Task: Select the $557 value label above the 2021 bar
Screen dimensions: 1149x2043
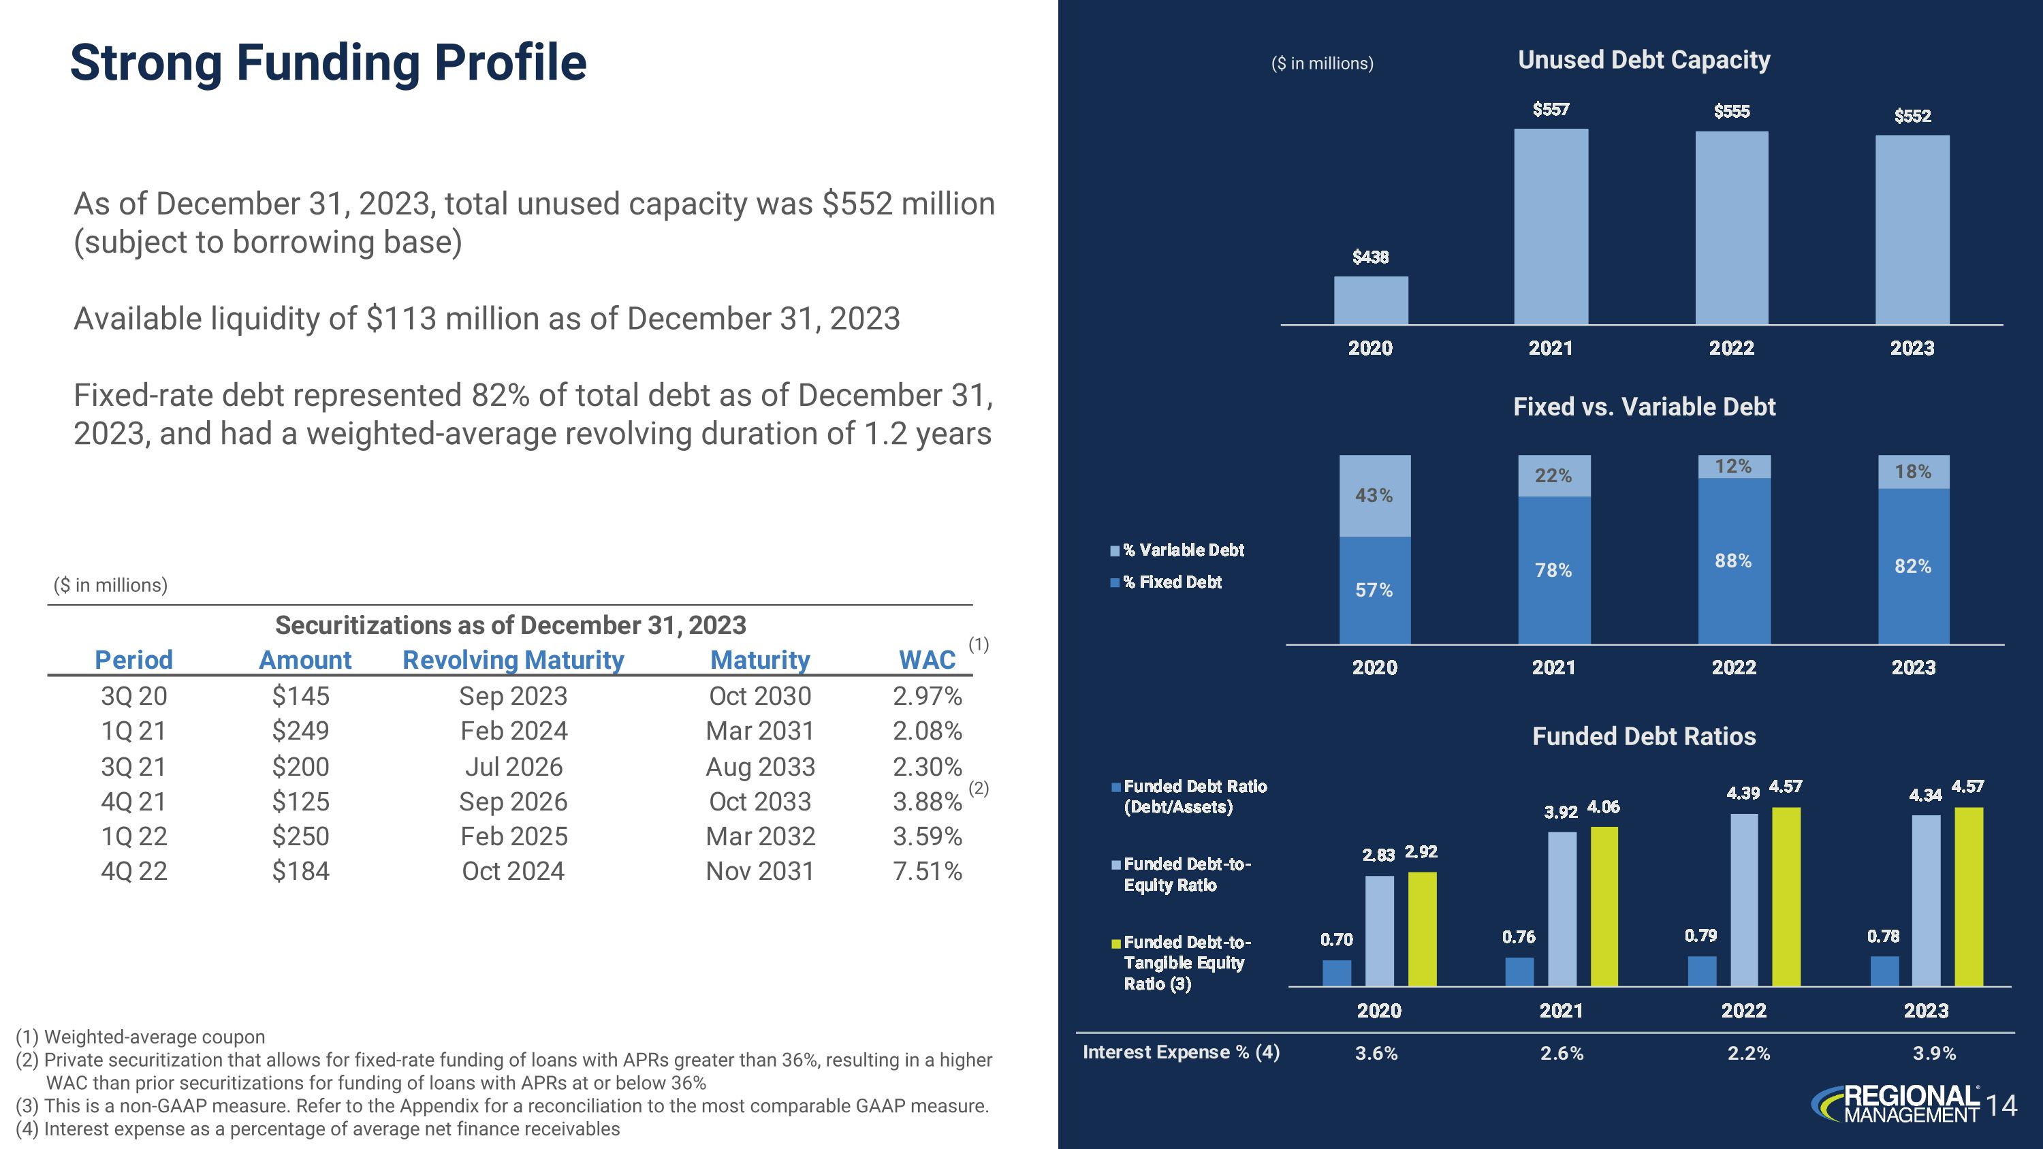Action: click(x=1551, y=110)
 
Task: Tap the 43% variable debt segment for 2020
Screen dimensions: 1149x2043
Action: click(x=1374, y=496)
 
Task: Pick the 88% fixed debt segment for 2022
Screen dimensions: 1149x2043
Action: click(x=1734, y=561)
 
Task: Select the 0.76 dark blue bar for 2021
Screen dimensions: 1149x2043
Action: click(x=1519, y=971)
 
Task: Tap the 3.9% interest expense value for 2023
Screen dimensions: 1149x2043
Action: click(x=1933, y=1053)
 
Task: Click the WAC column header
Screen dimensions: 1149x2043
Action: click(x=926, y=660)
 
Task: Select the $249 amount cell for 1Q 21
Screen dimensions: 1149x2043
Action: click(x=300, y=730)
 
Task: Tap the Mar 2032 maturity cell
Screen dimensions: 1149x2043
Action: click(x=760, y=836)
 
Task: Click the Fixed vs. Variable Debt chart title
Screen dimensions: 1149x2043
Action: click(x=1643, y=407)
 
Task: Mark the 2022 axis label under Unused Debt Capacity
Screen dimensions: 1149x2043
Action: click(x=1731, y=348)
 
